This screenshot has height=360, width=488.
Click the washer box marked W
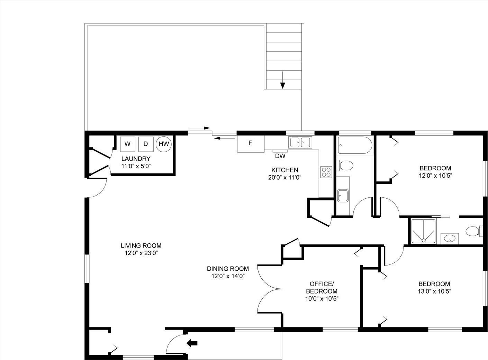coord(128,144)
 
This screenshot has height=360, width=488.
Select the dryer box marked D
coord(146,144)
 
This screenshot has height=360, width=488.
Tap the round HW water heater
coord(164,144)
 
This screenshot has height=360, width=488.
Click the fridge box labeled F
coord(251,144)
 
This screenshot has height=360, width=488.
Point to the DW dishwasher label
coord(280,156)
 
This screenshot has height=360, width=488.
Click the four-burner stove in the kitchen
coord(326,172)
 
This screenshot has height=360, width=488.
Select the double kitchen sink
coord(300,142)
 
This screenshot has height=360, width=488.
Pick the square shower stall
coord(423,232)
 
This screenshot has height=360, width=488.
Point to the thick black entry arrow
coord(192,343)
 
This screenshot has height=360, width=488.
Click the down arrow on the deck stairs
coord(282,80)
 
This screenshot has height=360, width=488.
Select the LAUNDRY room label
coord(136,159)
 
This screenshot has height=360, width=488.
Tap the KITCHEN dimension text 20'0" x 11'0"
coord(284,177)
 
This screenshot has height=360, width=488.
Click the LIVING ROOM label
coord(141,245)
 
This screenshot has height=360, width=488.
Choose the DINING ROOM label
coord(228,269)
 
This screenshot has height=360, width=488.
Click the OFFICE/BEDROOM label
coord(322,287)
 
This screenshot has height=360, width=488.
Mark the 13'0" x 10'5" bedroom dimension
coord(434,291)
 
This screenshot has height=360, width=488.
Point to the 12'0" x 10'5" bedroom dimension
coord(435,175)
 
